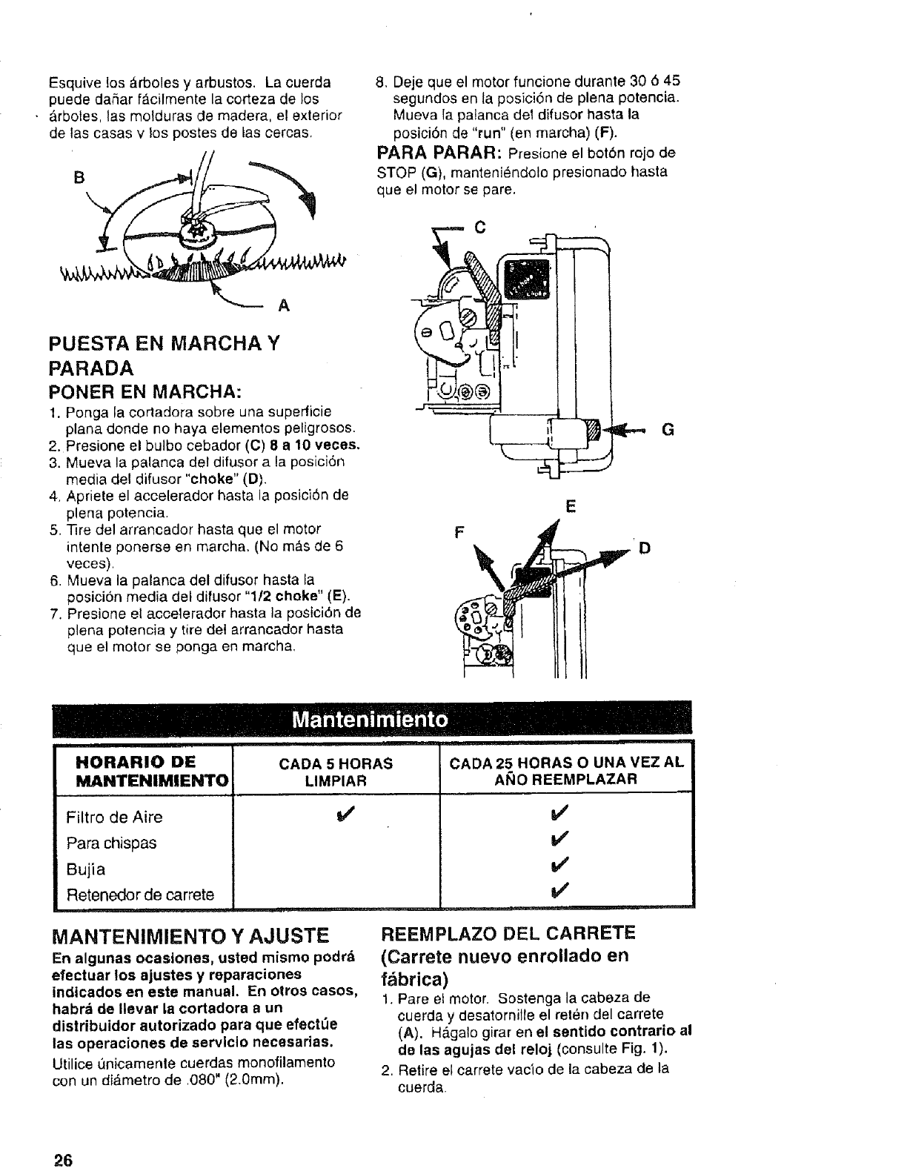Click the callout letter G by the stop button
pyautogui.click(x=667, y=430)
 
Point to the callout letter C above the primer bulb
pyautogui.click(x=479, y=228)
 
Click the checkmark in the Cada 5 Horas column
pyautogui.click(x=342, y=816)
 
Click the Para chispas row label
pyautogui.click(x=111, y=843)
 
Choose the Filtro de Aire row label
pyautogui.click(x=114, y=817)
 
